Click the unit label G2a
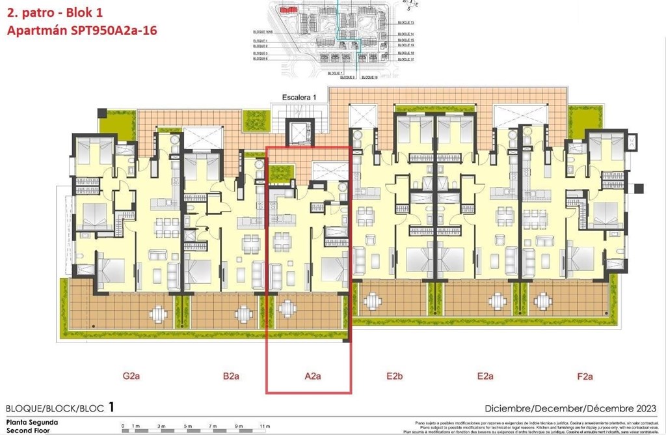point(132,376)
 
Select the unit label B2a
point(232,376)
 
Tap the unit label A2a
point(313,376)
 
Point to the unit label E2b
point(395,376)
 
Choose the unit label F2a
point(585,376)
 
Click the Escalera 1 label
point(299,97)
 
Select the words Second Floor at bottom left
point(27,430)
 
